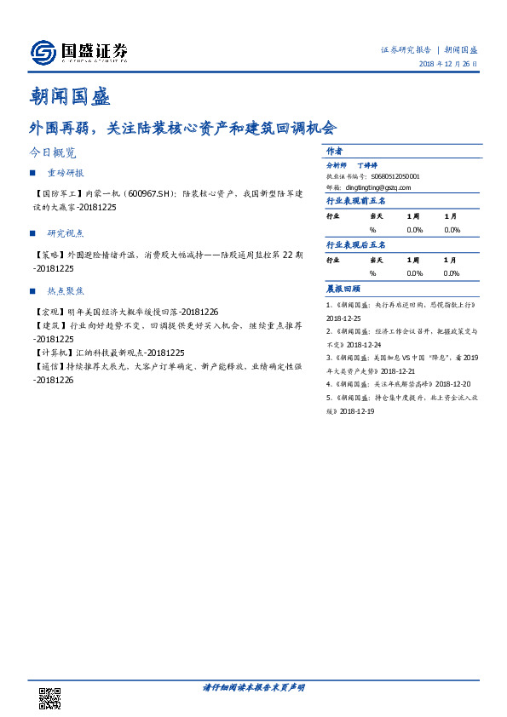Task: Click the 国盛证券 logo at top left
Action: point(79,53)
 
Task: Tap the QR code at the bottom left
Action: point(50,698)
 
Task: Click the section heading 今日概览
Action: point(52,153)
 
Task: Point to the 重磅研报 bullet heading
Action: point(66,173)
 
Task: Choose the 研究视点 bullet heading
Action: point(66,232)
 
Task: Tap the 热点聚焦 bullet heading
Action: point(66,292)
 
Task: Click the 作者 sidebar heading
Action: point(335,151)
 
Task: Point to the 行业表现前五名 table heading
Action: point(356,201)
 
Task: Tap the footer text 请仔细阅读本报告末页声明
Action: point(253,687)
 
